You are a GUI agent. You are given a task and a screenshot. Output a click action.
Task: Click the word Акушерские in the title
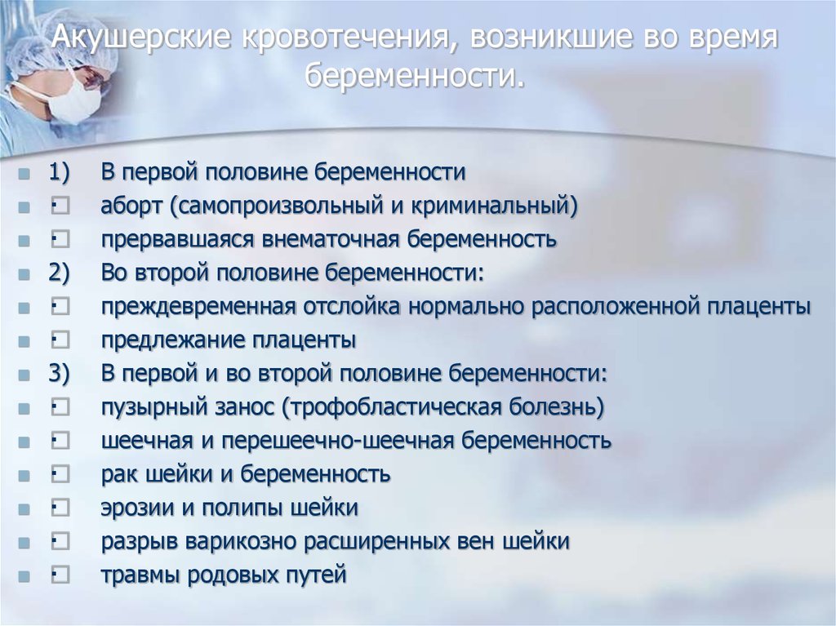[x=141, y=37]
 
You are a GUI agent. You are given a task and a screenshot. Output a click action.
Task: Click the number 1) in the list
[x=59, y=172]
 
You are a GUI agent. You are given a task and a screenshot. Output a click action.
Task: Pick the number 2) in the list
[x=59, y=273]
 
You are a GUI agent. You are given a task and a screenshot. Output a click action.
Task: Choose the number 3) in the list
[x=59, y=373]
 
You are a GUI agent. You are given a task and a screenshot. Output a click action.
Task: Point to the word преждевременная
[x=198, y=307]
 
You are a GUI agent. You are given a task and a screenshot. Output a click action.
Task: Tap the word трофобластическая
[x=391, y=408]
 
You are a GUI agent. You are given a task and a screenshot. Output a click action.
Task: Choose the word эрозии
[x=136, y=508]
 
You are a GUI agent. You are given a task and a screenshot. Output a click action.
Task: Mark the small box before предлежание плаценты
[x=60, y=340]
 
